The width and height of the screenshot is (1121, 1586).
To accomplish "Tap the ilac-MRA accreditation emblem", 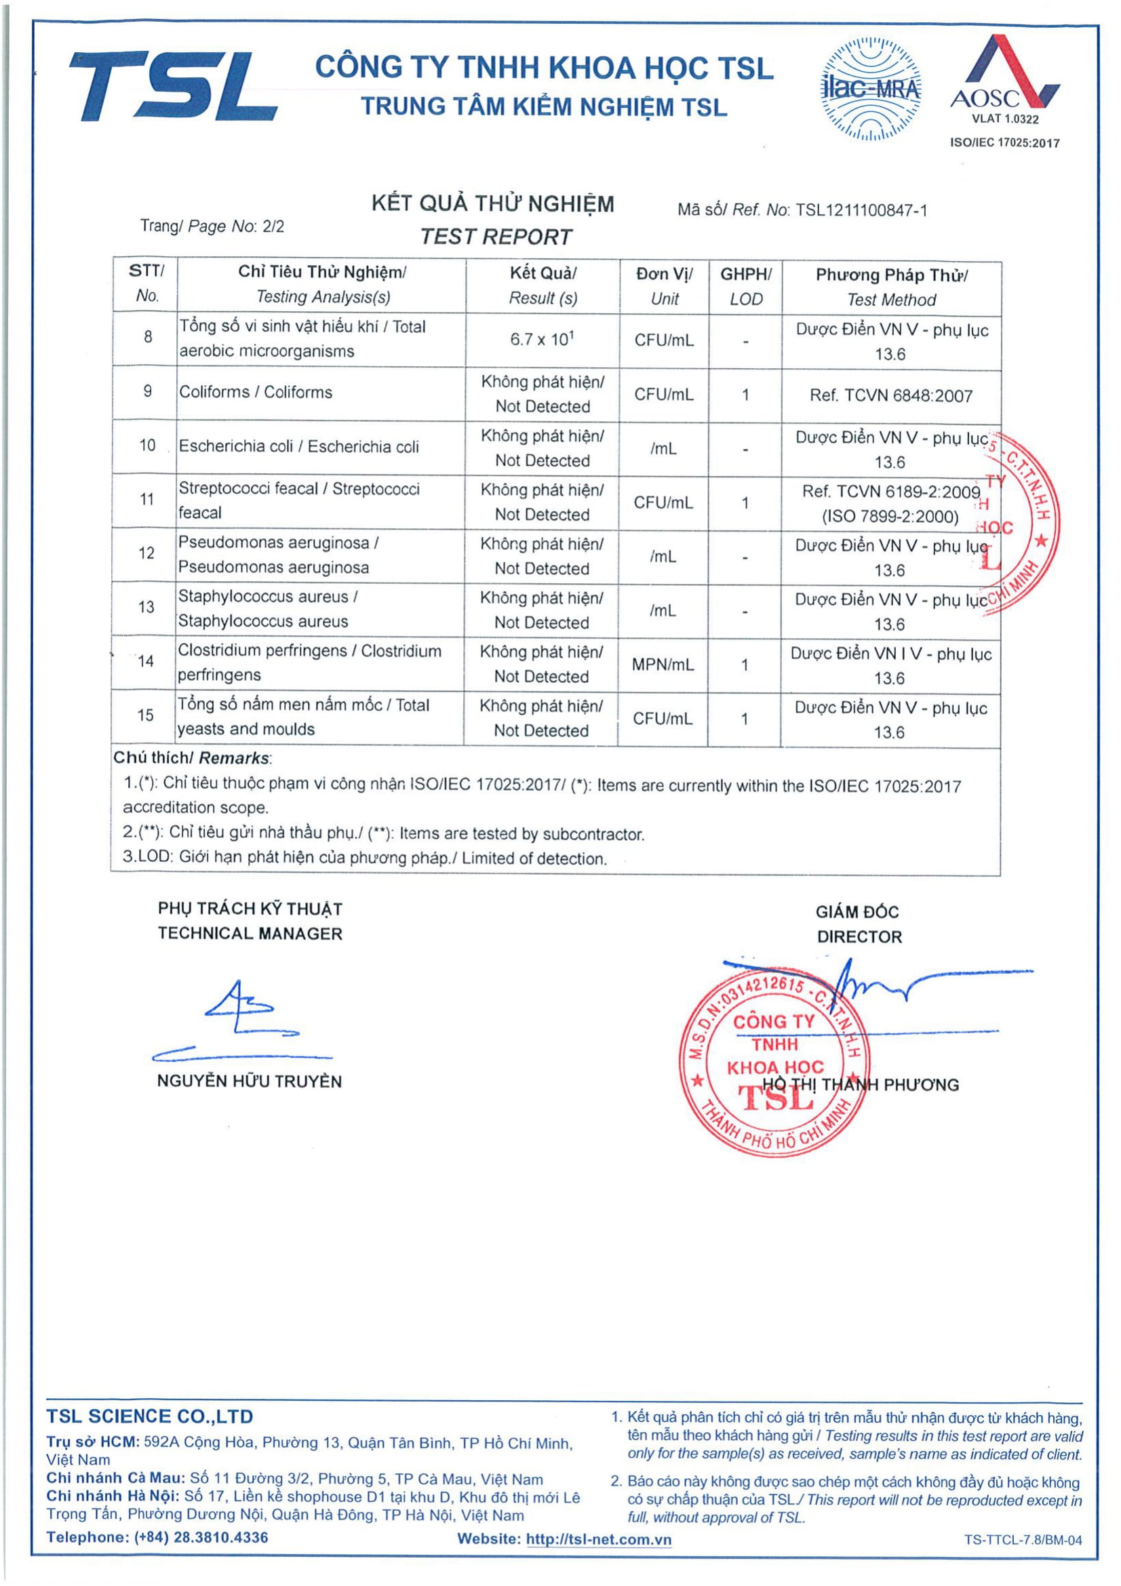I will pos(870,90).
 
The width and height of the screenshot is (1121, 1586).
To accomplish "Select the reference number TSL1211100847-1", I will pos(861,210).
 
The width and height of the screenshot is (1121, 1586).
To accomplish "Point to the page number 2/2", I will pos(273,226).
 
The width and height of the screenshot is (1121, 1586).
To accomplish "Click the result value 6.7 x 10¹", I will pos(543,339).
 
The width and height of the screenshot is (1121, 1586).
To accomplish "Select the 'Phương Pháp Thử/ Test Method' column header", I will pos(891,288).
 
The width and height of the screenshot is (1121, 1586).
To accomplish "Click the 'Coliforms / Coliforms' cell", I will pos(256,393).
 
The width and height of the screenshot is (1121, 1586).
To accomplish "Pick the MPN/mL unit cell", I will pos(663,665).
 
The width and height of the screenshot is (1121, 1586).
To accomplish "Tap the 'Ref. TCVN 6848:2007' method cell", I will pos(891,396).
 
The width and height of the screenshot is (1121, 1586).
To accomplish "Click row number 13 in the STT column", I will pos(146,607).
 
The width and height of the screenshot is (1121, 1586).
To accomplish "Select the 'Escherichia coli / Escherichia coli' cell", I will pos(298,446).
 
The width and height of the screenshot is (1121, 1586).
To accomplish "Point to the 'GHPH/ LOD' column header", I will pos(746,287).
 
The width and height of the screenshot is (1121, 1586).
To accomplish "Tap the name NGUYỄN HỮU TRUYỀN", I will pos(250,1082).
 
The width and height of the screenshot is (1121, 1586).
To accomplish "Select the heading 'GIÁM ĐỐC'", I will pos(857,912).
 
